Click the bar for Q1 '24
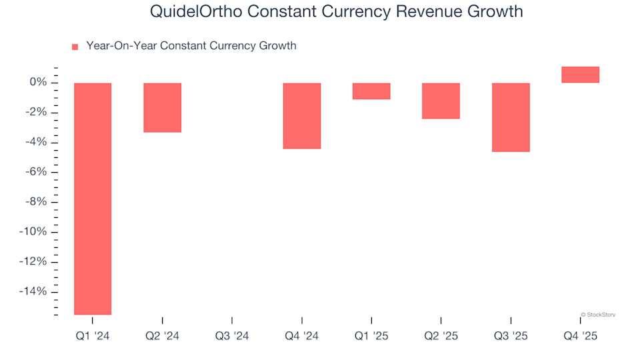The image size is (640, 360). [93, 198]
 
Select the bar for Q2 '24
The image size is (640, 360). [163, 107]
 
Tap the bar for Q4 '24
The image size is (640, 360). [302, 115]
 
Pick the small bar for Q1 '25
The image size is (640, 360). [371, 91]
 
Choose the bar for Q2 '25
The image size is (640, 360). [441, 101]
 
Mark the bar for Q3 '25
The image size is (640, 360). [511, 117]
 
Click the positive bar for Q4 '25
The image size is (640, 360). [580, 75]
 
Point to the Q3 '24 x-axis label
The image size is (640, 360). [232, 336]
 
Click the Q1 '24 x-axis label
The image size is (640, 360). [93, 336]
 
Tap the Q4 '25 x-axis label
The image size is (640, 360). [580, 336]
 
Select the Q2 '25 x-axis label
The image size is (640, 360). [441, 336]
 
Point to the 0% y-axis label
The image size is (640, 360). [37, 83]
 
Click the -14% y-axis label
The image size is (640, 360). [33, 291]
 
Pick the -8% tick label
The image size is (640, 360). [35, 202]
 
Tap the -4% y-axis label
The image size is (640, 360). [35, 142]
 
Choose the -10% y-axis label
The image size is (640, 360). [33, 232]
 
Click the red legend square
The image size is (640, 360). [75, 47]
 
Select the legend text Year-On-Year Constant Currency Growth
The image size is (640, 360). [191, 46]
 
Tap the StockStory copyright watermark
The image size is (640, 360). [598, 314]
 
